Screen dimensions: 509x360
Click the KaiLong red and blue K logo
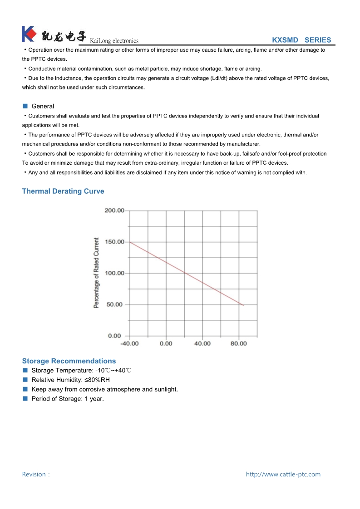29,34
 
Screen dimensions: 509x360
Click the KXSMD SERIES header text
301,40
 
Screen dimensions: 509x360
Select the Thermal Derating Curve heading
63,191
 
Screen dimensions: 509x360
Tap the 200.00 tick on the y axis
114,210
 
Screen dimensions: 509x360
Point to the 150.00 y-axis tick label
114,242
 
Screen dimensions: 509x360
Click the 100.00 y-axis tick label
114,273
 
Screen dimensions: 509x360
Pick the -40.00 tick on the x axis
130,343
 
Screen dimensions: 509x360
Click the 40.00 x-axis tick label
202,343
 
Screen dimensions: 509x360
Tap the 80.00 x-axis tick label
239,343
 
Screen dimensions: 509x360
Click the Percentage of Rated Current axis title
96,273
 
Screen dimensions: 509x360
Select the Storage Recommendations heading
69,361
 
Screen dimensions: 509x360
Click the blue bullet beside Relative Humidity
25,380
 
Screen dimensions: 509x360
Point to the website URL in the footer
283,475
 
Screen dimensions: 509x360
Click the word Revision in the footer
34,475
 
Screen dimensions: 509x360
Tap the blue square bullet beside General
25,106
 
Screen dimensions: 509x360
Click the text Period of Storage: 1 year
68,399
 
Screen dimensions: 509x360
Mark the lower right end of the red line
244,305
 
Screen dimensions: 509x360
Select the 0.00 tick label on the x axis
166,343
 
